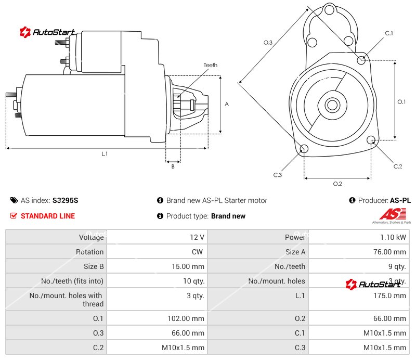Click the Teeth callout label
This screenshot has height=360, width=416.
pos(210,65)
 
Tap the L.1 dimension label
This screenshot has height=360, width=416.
pos(105,153)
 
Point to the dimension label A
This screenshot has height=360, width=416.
pos(227,104)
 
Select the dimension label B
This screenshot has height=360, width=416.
pos(173,166)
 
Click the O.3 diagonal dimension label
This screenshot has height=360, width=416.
pos(268,43)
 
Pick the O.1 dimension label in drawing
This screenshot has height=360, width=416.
pos(401,101)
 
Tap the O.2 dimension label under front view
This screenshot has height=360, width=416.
pos(337,184)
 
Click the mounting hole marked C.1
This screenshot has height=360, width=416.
pos(361,60)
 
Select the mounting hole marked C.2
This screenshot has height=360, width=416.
pos(371,140)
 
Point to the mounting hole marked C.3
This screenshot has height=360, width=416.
pos(304,150)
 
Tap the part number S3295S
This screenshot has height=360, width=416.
pos(66,200)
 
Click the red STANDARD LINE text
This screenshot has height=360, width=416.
pos(47,216)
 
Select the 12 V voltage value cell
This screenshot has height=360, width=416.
pos(197,237)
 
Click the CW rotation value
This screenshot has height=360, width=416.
pos(199,252)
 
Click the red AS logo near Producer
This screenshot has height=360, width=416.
pos(388,214)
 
